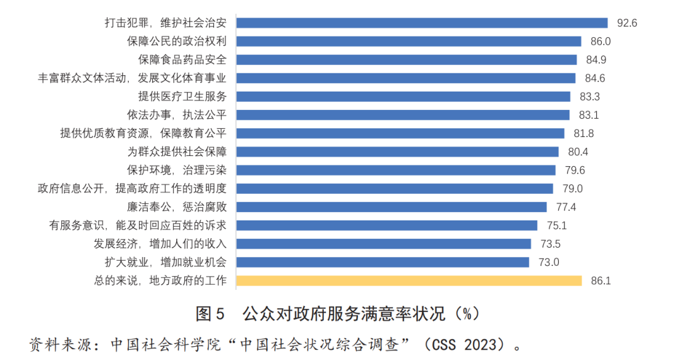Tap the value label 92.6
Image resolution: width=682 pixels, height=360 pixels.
click(627, 23)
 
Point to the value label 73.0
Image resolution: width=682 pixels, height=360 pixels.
click(548, 262)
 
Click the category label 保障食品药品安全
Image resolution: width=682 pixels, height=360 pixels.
click(182, 59)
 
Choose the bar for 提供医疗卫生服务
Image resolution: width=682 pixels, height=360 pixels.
click(403, 97)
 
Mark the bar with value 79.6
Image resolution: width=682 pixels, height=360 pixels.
click(395, 170)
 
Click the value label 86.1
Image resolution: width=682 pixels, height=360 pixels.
click(601, 280)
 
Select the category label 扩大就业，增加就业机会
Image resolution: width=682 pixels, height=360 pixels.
click(165, 262)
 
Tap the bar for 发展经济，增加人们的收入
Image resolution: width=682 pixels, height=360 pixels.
click(383, 244)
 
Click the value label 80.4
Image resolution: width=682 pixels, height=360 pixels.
click(578, 152)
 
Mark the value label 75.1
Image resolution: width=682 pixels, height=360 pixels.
click(556, 225)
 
